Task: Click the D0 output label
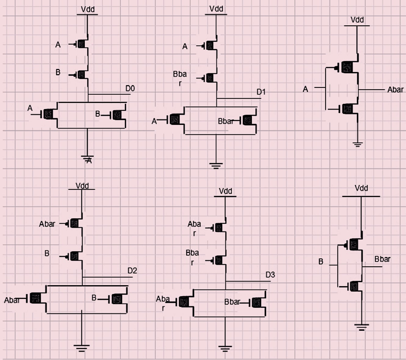pos(130,89)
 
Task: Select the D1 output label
pos(261,92)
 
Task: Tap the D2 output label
pos(132,271)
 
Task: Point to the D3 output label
pos(270,275)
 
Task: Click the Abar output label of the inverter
pos(395,90)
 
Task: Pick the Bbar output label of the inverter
pos(382,259)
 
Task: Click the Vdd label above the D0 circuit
pos(88,9)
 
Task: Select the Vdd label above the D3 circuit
pos(225,191)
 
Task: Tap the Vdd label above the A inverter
pos(357,20)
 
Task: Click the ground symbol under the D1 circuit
pos(216,165)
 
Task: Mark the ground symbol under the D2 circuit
pos(81,348)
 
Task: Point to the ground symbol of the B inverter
pos(361,327)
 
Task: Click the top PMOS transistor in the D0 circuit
pos(81,45)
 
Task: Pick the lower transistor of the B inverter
pos(354,286)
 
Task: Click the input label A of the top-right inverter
pos(305,89)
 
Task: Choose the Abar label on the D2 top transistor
pos(47,224)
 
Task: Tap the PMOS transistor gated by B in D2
pos(74,256)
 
